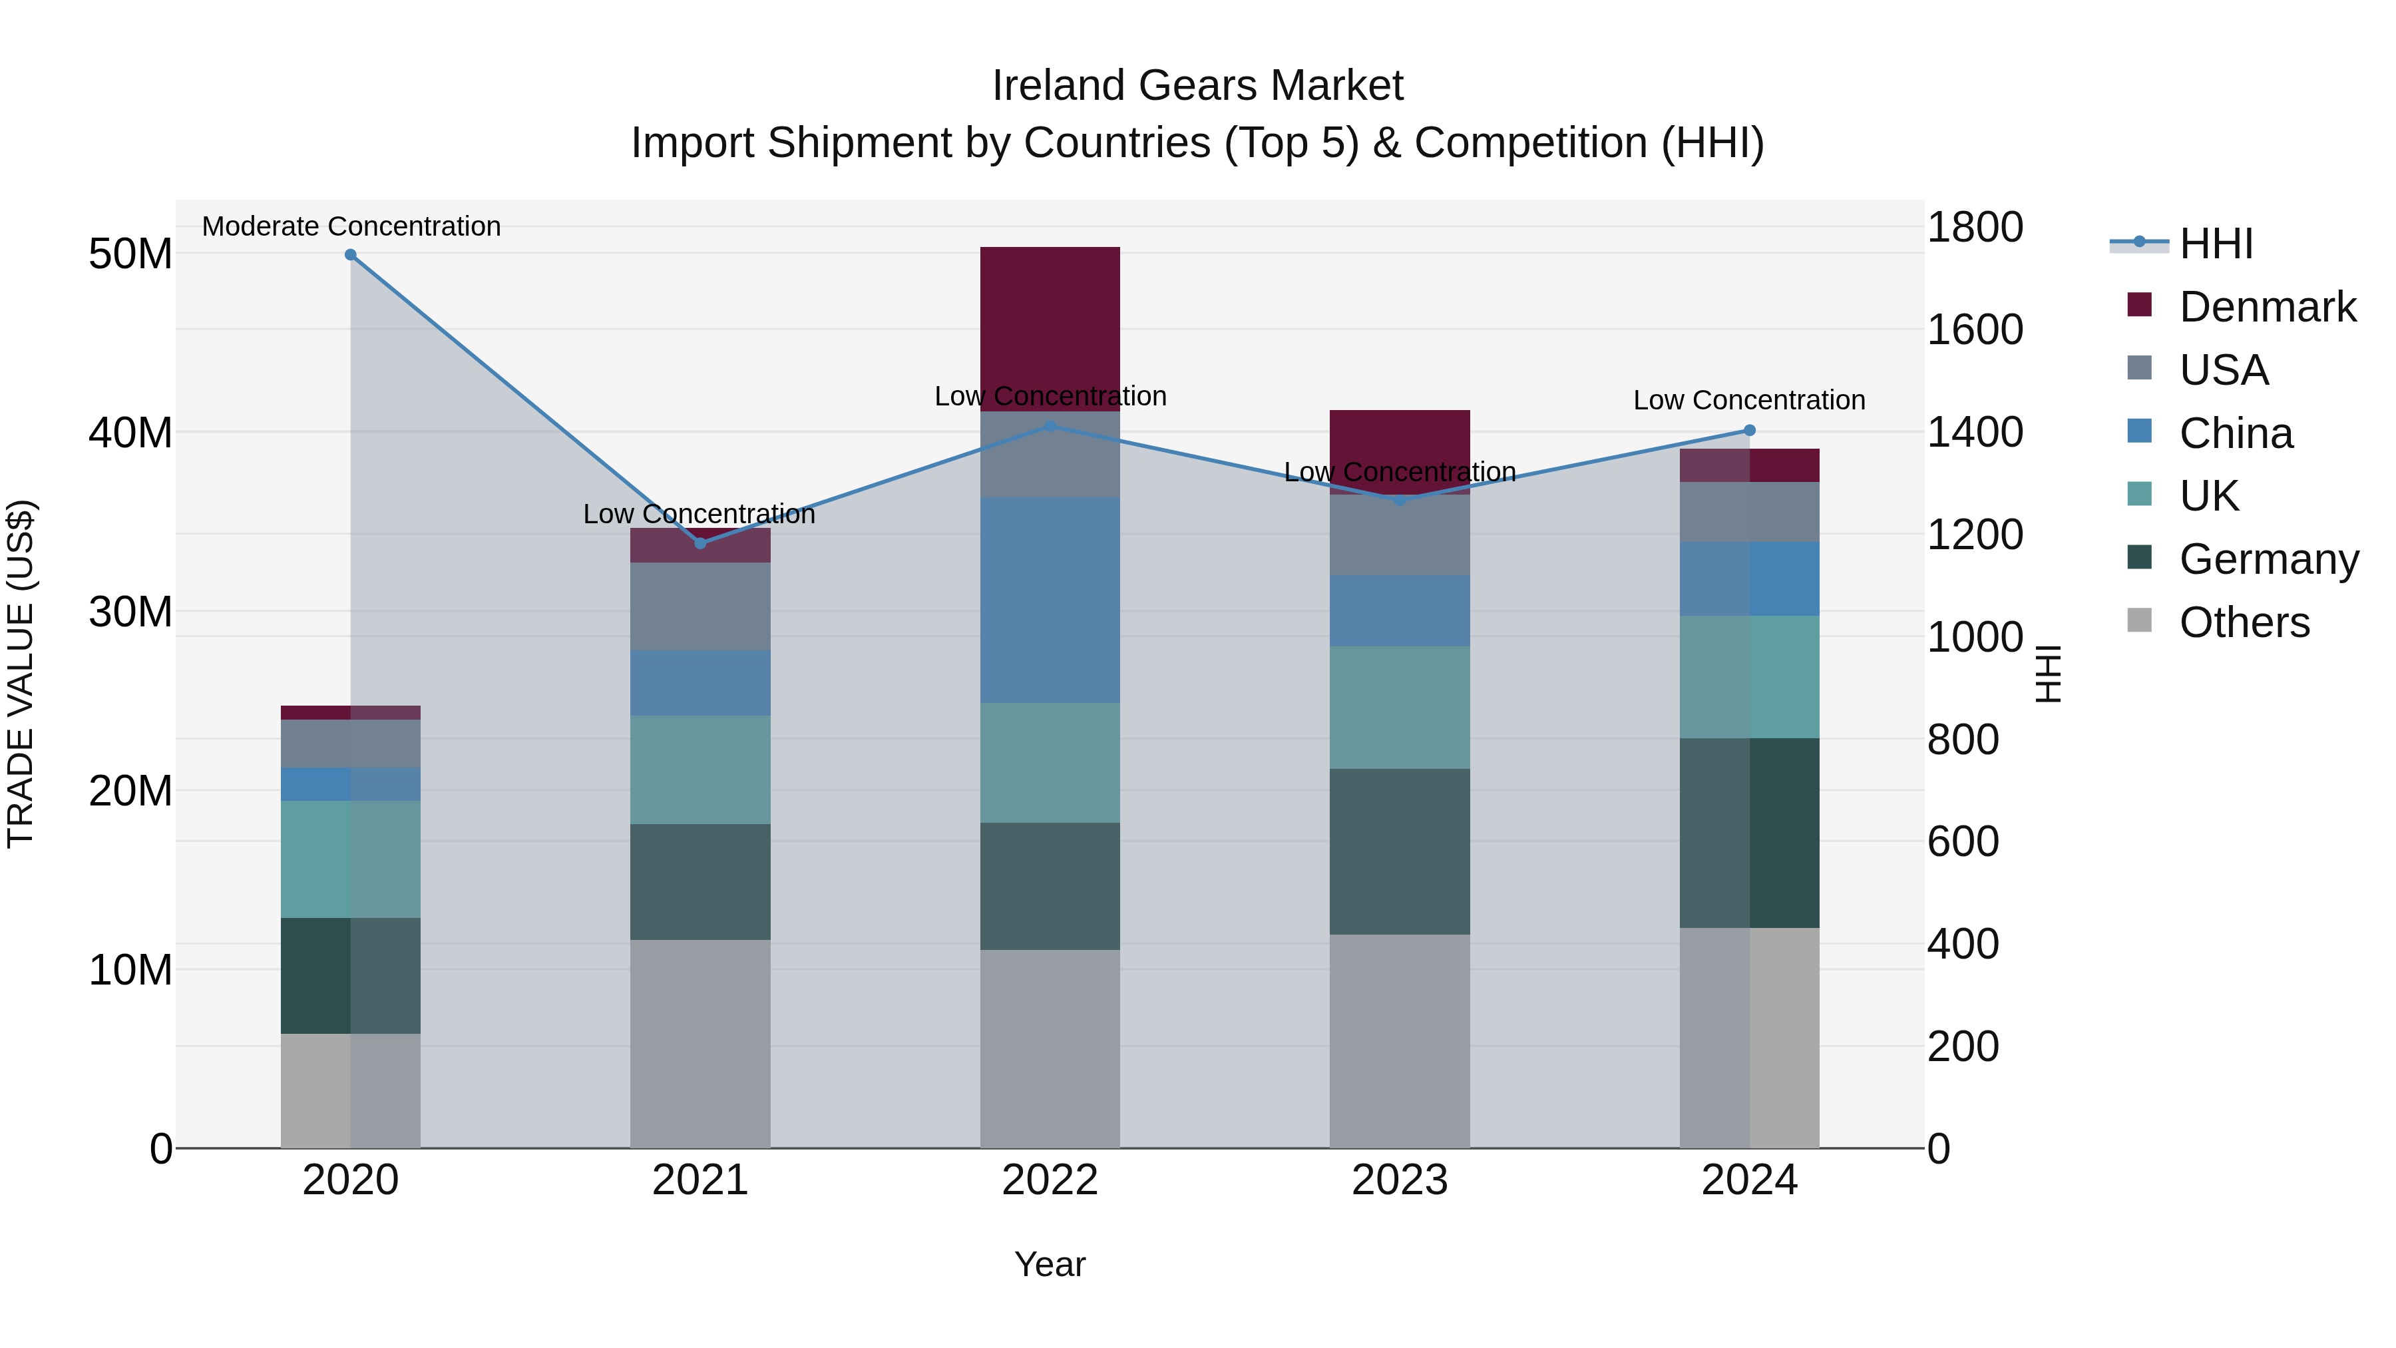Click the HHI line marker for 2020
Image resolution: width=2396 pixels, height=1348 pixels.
pyautogui.click(x=351, y=255)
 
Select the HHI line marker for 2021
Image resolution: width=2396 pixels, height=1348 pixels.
pyautogui.click(x=700, y=543)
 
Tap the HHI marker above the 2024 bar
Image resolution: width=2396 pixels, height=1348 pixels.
pyautogui.click(x=1750, y=431)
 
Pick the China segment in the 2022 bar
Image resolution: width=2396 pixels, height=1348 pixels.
pyautogui.click(x=1050, y=600)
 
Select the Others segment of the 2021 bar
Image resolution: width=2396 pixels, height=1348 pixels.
pyautogui.click(x=700, y=1043)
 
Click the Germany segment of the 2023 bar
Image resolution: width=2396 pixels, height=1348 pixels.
pyautogui.click(x=1400, y=851)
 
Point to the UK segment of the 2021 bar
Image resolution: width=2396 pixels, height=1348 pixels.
pyautogui.click(x=700, y=770)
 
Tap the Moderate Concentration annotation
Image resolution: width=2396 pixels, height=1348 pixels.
pyautogui.click(x=351, y=226)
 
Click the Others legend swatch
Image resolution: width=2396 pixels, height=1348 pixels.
pyautogui.click(x=2139, y=620)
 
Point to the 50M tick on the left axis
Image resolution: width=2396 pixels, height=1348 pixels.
pyautogui.click(x=130, y=254)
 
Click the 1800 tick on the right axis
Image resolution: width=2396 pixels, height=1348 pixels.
pyautogui.click(x=1975, y=227)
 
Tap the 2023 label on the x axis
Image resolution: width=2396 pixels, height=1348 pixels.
pyautogui.click(x=1400, y=1180)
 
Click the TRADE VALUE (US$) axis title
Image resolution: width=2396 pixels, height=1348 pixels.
pyautogui.click(x=21, y=674)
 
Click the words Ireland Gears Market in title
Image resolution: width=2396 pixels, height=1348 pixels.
pyautogui.click(x=1197, y=86)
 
